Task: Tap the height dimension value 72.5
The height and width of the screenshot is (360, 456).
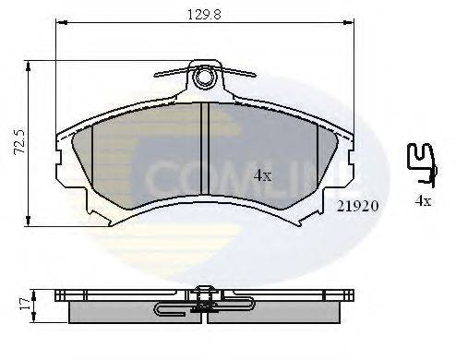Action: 15,143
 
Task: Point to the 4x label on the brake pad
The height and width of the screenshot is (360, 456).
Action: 263,174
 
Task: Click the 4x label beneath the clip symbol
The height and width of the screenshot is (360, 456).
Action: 424,200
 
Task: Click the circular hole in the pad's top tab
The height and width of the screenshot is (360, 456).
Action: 206,73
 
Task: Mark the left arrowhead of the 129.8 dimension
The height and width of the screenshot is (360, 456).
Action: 59,23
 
